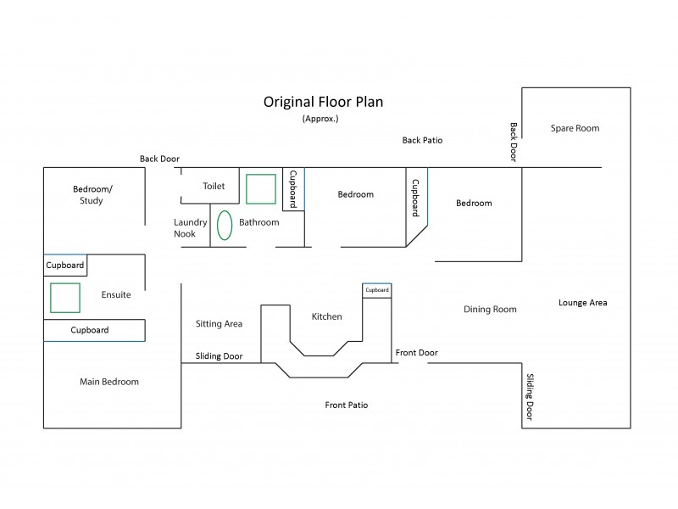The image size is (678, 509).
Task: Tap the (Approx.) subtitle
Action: (x=320, y=120)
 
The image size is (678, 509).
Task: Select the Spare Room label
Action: (x=575, y=128)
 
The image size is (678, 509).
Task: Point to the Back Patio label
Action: (x=422, y=140)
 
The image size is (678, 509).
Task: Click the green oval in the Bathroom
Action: (x=225, y=225)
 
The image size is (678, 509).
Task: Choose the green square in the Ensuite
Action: (x=65, y=298)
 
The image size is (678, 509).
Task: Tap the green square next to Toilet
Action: (x=260, y=188)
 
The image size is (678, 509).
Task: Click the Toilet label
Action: (x=214, y=186)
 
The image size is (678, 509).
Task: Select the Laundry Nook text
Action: (x=191, y=227)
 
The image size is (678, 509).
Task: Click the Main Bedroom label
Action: (x=109, y=382)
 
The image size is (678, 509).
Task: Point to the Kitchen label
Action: (x=327, y=316)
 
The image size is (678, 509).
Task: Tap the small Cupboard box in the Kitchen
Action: (x=377, y=290)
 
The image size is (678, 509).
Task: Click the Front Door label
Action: (x=417, y=352)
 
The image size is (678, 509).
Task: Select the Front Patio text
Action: (x=347, y=405)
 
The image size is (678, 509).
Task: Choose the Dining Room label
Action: (x=490, y=310)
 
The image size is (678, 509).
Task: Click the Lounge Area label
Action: (x=582, y=302)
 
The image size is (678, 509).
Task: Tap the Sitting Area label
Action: (x=219, y=323)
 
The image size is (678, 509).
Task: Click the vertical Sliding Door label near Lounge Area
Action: (x=531, y=397)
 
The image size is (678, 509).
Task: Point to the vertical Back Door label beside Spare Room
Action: (x=514, y=142)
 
